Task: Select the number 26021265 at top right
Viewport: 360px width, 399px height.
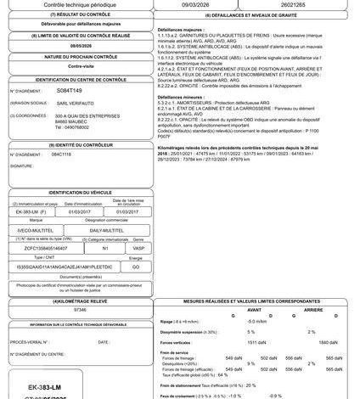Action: coord(299,5)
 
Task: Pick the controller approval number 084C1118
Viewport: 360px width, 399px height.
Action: coord(62,155)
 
